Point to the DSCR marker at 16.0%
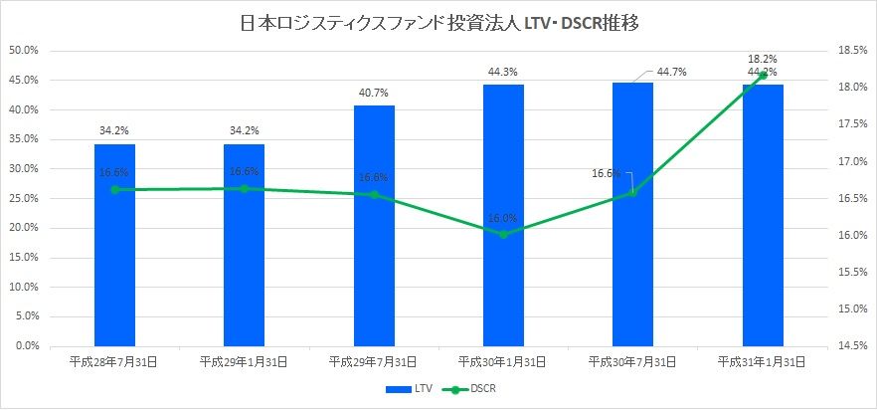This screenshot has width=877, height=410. click(503, 234)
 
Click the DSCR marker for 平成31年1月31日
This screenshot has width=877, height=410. click(763, 75)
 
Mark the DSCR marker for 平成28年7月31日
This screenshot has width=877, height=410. click(114, 189)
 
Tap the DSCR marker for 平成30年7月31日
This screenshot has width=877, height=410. click(632, 192)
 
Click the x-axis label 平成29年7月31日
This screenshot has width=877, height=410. click(374, 360)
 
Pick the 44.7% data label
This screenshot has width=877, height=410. click(672, 72)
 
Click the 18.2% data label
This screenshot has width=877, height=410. click(764, 59)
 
